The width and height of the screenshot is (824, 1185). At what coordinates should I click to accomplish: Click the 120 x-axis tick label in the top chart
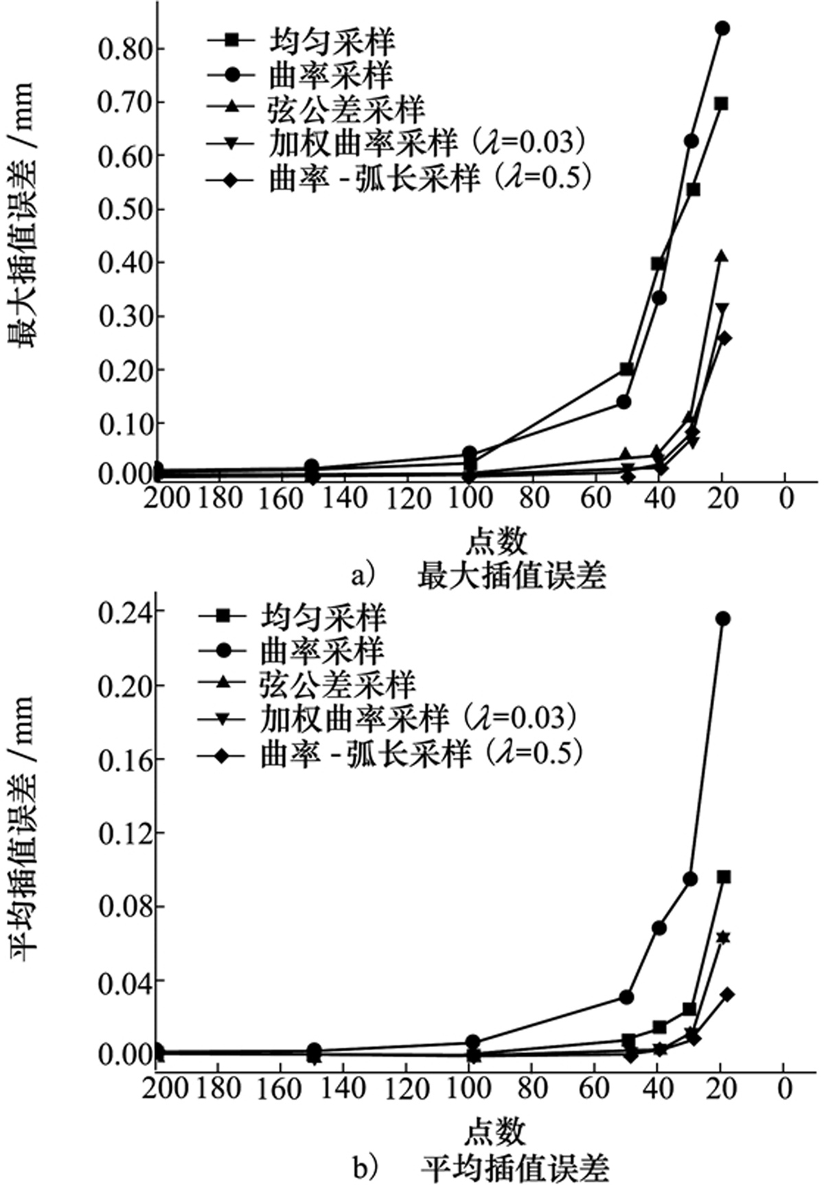pos(408,498)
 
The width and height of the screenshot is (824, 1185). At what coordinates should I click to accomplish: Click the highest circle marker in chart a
pos(722,28)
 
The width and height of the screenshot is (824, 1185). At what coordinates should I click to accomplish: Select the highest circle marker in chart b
pos(723,618)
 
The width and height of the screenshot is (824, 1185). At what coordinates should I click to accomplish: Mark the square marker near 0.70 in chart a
pos(721,104)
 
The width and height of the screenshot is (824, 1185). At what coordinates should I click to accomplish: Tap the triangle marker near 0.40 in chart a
pos(721,256)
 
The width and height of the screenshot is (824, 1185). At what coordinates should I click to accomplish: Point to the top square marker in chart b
pos(723,877)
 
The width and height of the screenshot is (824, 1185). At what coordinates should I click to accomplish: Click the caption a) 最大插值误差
pos(479,576)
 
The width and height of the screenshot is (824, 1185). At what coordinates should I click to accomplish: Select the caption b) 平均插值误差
pos(481,1166)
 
